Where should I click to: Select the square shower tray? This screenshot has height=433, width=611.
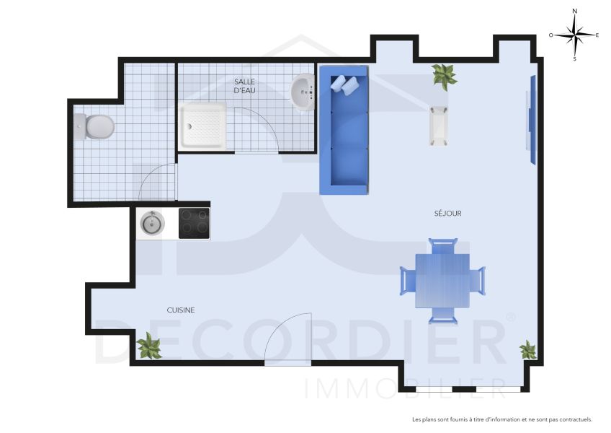tap(203, 126)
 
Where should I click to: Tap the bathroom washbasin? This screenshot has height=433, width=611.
tap(303, 92)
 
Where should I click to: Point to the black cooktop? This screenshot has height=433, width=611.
tap(194, 224)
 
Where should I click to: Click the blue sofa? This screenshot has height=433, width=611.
tap(344, 130)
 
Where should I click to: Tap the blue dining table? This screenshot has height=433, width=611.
tap(442, 280)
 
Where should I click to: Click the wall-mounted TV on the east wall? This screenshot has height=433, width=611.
tap(532, 119)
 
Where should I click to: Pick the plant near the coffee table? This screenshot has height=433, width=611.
tap(444, 75)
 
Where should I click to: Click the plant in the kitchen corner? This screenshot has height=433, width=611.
tap(150, 346)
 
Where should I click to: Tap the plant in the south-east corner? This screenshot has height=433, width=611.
tap(528, 350)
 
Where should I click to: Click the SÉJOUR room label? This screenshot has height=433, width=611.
tap(447, 214)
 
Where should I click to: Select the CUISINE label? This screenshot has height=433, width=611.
tap(181, 310)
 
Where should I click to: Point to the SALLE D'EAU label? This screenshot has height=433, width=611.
tap(244, 87)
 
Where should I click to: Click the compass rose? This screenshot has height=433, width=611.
tap(574, 34)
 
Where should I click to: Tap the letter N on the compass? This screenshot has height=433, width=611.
tap(574, 12)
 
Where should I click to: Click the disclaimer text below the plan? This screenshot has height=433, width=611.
tap(501, 419)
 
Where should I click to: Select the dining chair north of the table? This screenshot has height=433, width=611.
tap(442, 246)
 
